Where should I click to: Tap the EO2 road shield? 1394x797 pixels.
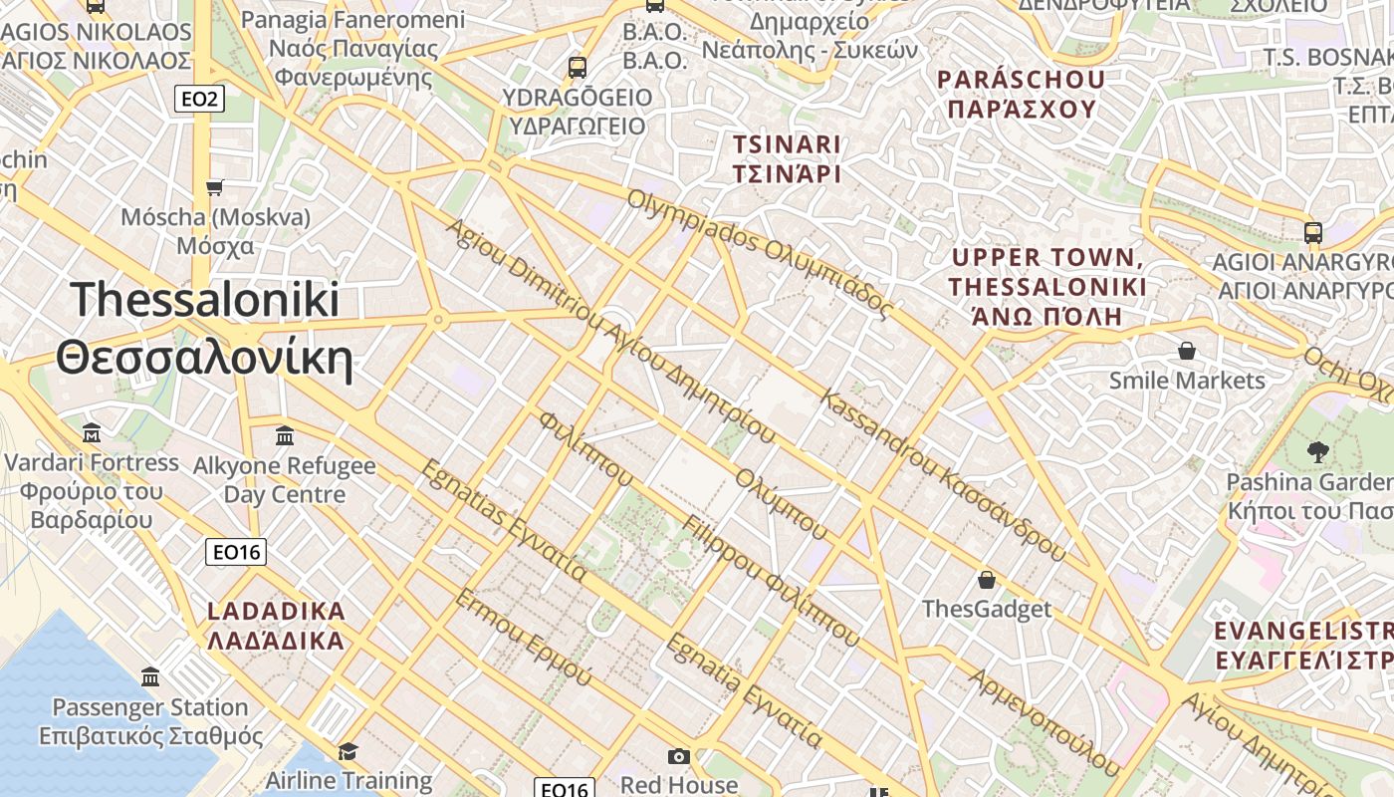199,99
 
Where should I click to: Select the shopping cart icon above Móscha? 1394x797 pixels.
214,187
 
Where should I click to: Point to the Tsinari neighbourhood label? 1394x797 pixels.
787,158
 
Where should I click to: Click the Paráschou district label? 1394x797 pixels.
1022,94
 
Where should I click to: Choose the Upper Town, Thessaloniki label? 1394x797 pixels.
1046,287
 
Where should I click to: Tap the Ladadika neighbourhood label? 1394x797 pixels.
276,625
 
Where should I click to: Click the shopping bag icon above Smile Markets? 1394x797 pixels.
1186,351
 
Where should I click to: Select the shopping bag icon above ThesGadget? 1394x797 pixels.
987,579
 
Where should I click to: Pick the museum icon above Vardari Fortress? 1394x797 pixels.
92,433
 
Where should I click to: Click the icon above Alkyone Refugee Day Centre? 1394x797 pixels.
285,435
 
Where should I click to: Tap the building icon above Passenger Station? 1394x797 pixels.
150,677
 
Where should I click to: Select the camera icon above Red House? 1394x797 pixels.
679,757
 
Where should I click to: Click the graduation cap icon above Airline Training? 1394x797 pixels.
348,751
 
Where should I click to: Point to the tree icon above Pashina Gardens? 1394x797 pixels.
1317,452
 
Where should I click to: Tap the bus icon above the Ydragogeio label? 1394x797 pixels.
577,68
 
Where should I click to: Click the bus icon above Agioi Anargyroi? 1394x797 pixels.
1312,233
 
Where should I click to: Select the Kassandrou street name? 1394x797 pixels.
941,474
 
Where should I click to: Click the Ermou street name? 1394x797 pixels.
524,637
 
